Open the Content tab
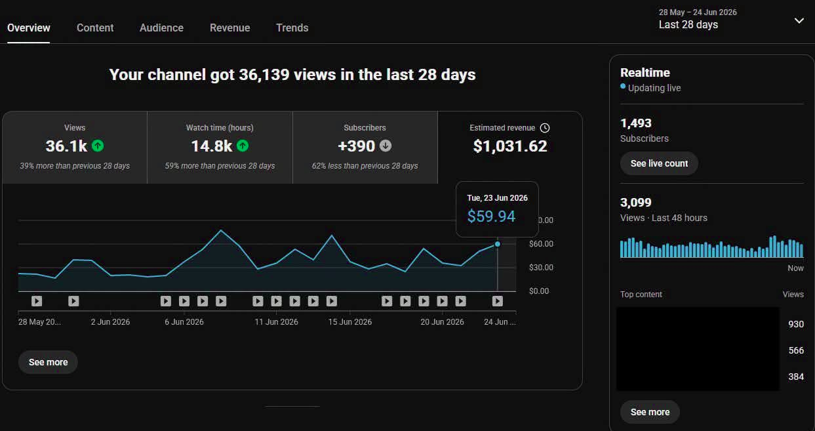pos(95,28)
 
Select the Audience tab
pos(161,28)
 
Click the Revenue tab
pos(230,28)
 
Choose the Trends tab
pos(292,28)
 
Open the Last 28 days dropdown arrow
pos(799,20)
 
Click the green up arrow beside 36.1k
pos(98,146)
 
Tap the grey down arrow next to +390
pos(386,146)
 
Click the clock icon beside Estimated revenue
pos(545,128)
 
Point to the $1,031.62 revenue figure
pos(510,146)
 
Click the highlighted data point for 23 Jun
pos(498,244)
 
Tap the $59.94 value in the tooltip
pos(491,216)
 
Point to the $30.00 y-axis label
pos(541,268)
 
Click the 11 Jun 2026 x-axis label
pos(276,322)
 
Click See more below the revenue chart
pos(48,362)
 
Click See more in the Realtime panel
pos(650,412)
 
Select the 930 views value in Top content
pos(796,324)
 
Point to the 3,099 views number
pos(635,203)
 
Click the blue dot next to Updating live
pos(623,87)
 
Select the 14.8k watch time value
pos(211,146)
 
